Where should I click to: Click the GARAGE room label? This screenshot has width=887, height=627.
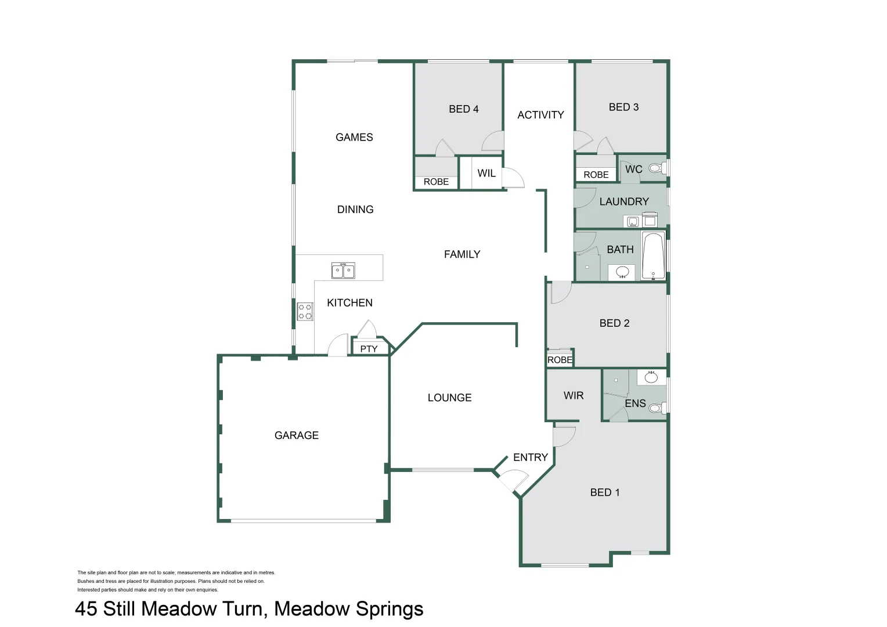pos(296,435)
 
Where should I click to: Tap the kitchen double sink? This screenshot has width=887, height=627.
pos(343,271)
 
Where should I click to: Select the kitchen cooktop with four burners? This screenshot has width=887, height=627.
pos(305,311)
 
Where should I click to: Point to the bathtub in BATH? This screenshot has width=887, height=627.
pos(653,256)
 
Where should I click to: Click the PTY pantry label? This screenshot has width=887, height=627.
pos(369,349)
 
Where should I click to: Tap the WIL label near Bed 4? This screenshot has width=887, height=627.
pos(486,173)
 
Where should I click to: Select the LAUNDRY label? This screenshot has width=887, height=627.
pos(624,201)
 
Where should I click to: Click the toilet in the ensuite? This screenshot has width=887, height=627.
pos(659,408)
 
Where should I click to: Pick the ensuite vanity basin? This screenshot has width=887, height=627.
pos(651,377)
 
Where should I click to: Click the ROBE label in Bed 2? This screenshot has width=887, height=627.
pos(560,359)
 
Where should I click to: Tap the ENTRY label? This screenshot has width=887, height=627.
pos(531,457)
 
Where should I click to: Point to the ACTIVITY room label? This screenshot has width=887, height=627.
pos(540,115)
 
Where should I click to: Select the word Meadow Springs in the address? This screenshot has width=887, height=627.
pos(348,609)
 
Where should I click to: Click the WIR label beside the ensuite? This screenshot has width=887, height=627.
pos(574,395)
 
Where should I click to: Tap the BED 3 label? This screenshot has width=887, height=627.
pos(623,107)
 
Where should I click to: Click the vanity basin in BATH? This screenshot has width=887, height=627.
pos(622,272)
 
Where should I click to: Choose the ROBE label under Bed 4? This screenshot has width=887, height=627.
pos(436,182)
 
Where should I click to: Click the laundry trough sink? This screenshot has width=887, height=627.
pos(632,222)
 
